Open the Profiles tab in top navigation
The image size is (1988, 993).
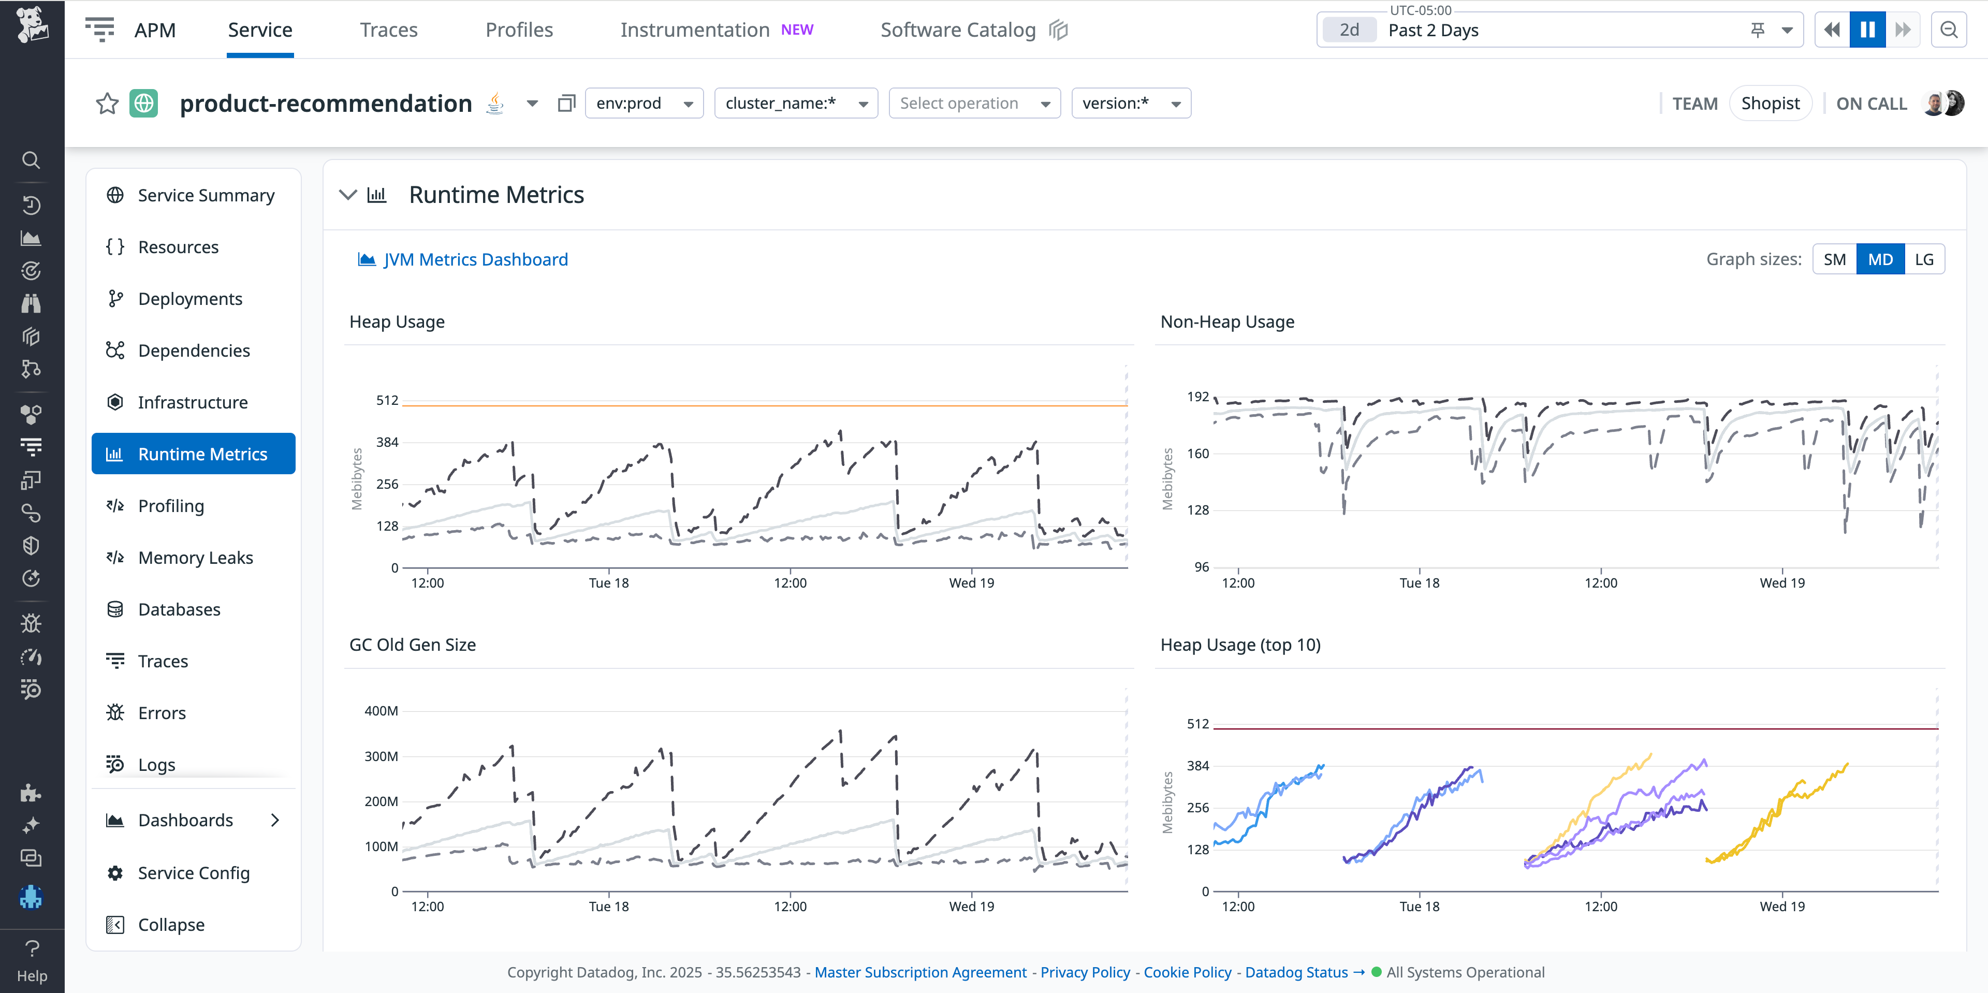[x=519, y=30]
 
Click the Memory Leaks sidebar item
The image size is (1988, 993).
[x=195, y=557]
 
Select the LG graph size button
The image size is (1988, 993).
[x=1923, y=259]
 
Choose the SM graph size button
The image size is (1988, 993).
[x=1834, y=259]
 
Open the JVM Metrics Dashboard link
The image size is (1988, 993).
[x=475, y=259]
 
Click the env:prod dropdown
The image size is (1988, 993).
[x=644, y=104]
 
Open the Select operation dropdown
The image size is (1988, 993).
[x=974, y=104]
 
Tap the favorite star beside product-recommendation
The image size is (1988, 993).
[x=107, y=104]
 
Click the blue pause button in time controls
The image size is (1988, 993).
[x=1867, y=30]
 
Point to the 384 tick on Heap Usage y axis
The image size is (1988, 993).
[x=387, y=442]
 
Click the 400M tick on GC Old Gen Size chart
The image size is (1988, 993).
[x=381, y=711]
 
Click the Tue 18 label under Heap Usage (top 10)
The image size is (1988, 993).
[x=1419, y=906]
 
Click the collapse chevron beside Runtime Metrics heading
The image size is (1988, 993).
[x=348, y=195]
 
